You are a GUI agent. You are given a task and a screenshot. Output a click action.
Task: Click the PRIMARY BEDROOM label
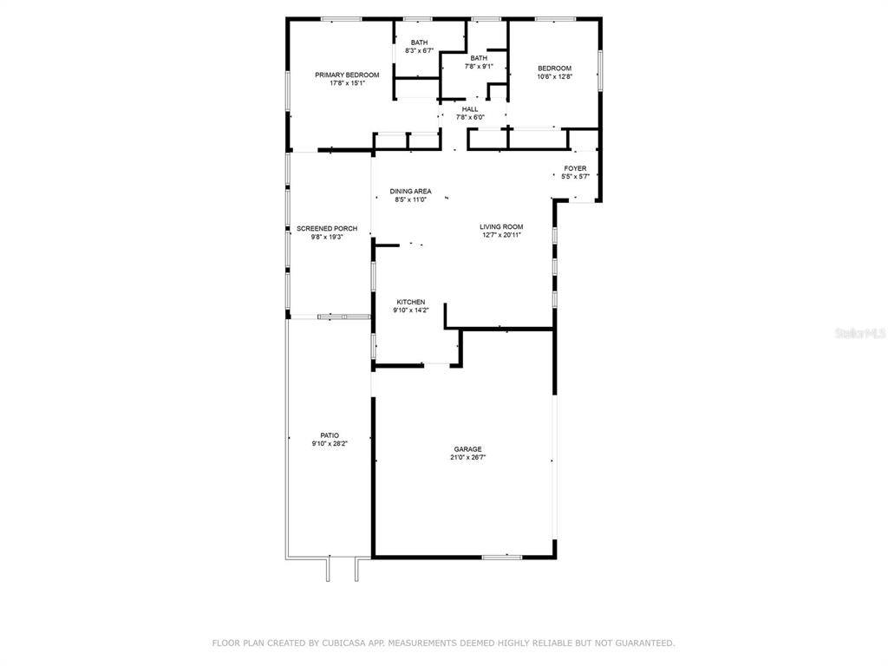(347, 75)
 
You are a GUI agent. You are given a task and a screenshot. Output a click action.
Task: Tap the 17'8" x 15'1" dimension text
(347, 83)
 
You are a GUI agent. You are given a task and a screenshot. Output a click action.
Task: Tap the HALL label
(470, 109)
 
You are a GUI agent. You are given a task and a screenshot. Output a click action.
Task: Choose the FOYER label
(576, 168)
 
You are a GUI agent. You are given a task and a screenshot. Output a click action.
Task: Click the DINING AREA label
(410, 192)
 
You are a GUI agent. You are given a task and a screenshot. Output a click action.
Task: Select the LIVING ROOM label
(501, 226)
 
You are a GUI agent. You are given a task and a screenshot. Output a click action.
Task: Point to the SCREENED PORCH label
(327, 229)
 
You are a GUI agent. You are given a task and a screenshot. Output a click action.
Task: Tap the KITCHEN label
(410, 302)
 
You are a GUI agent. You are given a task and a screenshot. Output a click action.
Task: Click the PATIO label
(330, 435)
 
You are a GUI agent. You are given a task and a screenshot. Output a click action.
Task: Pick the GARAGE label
(467, 449)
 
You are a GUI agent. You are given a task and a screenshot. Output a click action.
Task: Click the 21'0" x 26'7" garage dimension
(467, 458)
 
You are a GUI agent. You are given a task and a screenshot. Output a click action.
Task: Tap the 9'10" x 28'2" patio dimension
(330, 444)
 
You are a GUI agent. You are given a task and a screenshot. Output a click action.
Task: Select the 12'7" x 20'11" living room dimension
(501, 235)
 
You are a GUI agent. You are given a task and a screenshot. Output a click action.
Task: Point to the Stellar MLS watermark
(860, 333)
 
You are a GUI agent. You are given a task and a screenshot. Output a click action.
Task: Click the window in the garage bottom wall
(502, 558)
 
